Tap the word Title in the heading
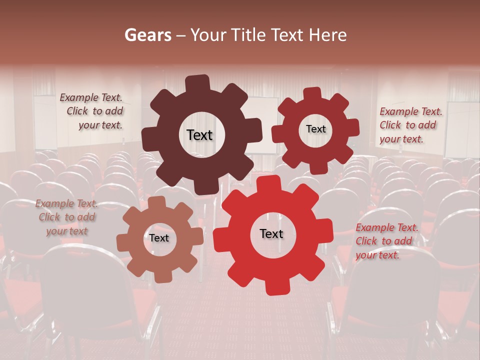[248, 35]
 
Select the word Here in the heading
[328, 35]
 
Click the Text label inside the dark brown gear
[199, 135]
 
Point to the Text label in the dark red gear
[315, 129]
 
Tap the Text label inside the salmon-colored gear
[159, 238]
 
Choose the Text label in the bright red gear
[271, 234]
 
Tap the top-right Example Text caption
[410, 125]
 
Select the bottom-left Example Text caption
[67, 217]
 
